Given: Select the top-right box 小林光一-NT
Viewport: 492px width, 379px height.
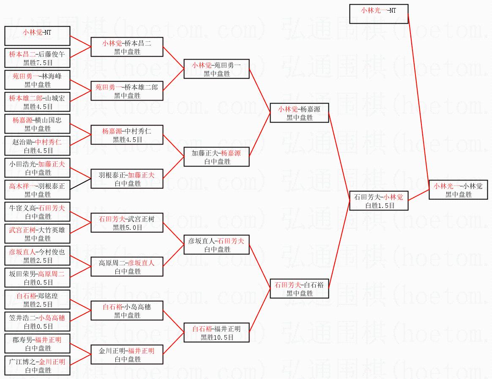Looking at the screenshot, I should pyautogui.click(x=379, y=14).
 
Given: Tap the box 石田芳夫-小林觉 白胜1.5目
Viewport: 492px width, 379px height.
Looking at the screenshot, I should pyautogui.click(x=379, y=201).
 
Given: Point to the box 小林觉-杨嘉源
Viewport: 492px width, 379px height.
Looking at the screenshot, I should pyautogui.click(x=299, y=113).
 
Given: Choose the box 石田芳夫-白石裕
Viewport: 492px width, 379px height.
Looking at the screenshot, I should pyautogui.click(x=299, y=289).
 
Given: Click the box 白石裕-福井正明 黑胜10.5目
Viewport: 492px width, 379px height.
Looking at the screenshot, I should pyautogui.click(x=216, y=333).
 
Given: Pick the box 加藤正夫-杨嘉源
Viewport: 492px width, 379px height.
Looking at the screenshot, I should pyautogui.click(x=216, y=157).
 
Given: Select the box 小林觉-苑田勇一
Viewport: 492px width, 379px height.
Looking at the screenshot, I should pyautogui.click(x=216, y=69).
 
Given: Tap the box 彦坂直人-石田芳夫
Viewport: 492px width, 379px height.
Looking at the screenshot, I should pyautogui.click(x=216, y=245).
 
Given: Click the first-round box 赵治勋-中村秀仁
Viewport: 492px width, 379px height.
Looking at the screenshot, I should pyautogui.click(x=37, y=146).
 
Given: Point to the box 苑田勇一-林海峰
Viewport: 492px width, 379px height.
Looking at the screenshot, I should pyautogui.click(x=37, y=80).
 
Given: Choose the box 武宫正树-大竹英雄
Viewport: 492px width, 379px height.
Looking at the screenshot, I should pyautogui.click(x=37, y=234).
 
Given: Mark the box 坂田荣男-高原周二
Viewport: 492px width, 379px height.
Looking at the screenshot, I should pyautogui.click(x=37, y=278).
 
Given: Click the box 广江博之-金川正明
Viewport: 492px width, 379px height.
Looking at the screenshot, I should pyautogui.click(x=37, y=365).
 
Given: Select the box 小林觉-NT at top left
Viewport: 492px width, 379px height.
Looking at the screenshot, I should pyautogui.click(x=37, y=36).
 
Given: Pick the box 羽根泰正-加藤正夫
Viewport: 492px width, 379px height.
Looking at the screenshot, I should pyautogui.click(x=127, y=179).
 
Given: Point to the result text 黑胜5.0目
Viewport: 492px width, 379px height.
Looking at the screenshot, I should pyautogui.click(x=127, y=227).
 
